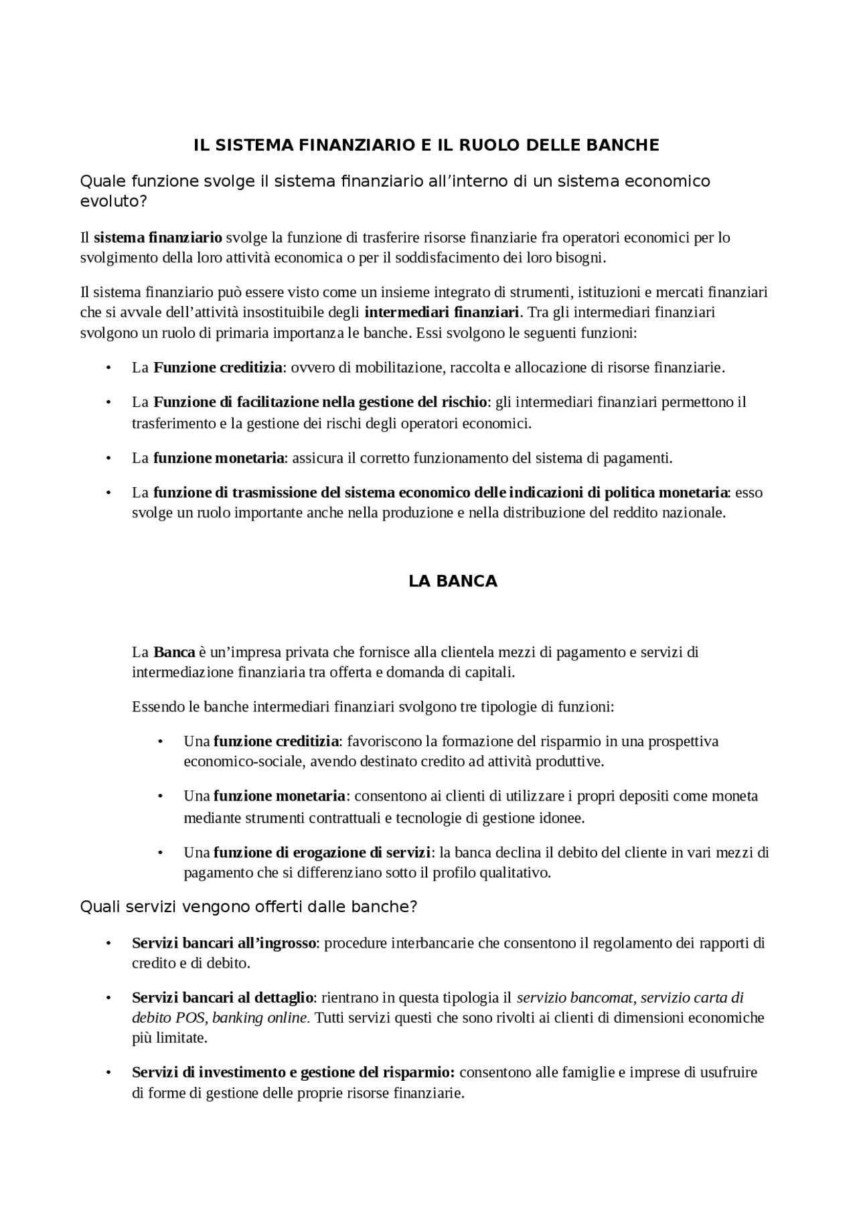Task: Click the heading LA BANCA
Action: [453, 581]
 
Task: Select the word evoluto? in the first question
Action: [113, 202]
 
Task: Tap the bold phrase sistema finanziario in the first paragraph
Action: [158, 238]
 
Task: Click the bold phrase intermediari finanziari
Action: [442, 312]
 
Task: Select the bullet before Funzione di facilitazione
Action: [107, 402]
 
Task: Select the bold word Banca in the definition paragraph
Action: [174, 652]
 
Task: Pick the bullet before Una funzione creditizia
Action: [160, 742]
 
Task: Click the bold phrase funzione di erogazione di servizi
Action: [322, 853]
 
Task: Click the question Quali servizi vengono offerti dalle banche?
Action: [248, 907]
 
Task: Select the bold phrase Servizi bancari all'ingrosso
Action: [224, 943]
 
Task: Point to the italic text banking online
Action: [260, 1018]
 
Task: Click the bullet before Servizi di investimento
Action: [107, 1073]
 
